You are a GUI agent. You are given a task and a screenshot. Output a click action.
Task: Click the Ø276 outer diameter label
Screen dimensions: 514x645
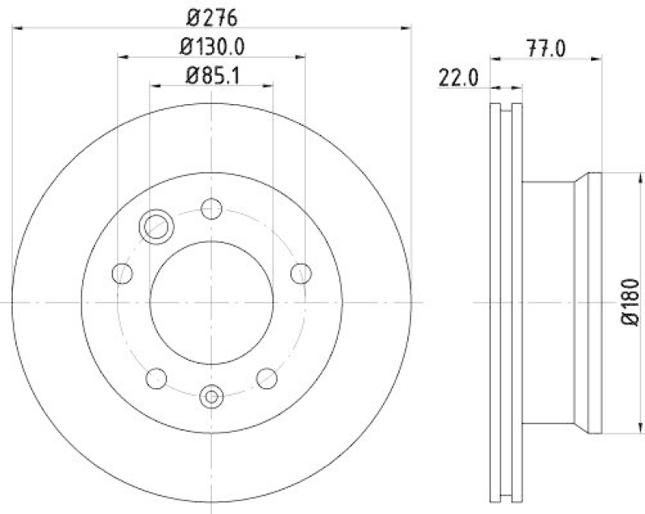(x=211, y=17)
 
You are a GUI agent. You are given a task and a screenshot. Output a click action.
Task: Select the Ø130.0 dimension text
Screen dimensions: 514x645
(x=211, y=47)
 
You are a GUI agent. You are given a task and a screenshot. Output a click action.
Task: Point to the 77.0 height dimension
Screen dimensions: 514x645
(x=546, y=47)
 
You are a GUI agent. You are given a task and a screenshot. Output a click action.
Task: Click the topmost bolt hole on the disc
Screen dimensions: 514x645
(x=211, y=209)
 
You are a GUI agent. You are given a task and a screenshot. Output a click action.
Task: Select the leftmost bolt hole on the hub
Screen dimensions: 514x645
(x=123, y=273)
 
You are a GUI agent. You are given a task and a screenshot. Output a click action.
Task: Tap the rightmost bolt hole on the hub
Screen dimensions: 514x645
(x=300, y=273)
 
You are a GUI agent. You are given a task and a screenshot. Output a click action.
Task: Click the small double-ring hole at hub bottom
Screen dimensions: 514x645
(x=211, y=396)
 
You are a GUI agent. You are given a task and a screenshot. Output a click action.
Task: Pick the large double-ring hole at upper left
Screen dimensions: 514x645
(x=154, y=226)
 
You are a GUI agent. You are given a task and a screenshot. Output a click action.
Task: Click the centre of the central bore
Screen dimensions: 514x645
(x=211, y=302)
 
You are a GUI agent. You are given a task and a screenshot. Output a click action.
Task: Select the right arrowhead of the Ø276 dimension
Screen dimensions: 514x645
(x=407, y=29)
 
